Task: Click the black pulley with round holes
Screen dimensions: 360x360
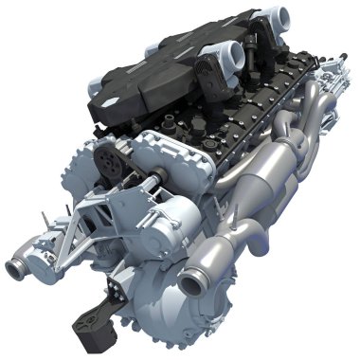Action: tap(112, 160)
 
